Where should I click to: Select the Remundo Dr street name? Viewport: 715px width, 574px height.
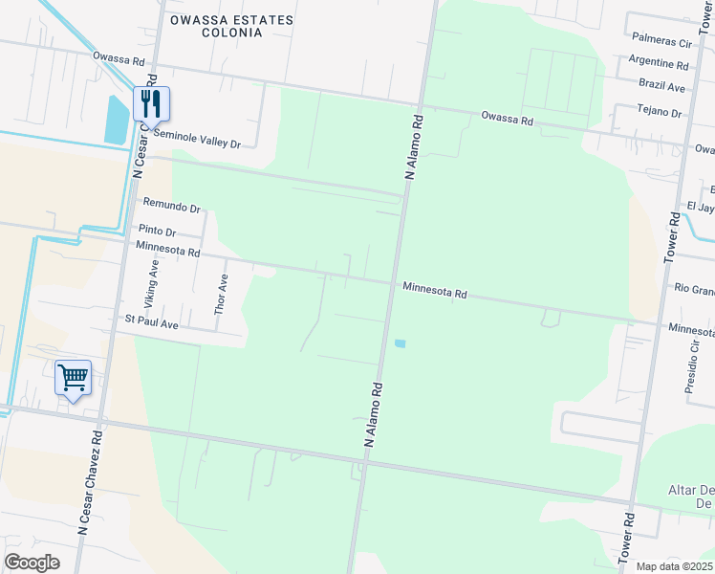[171, 207]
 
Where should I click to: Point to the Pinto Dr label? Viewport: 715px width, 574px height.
[158, 231]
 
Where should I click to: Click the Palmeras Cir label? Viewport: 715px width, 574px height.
[661, 43]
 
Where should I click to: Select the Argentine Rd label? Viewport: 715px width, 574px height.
[660, 65]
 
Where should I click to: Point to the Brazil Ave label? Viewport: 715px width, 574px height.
[663, 87]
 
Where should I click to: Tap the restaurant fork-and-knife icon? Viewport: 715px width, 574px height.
[150, 103]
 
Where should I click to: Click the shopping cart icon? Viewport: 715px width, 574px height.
[73, 377]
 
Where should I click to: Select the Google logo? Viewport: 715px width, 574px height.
[32, 563]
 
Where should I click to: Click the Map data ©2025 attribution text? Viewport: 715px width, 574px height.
[675, 566]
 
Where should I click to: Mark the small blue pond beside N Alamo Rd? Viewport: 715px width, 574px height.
[400, 343]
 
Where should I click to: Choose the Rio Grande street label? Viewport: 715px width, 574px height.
[694, 288]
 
